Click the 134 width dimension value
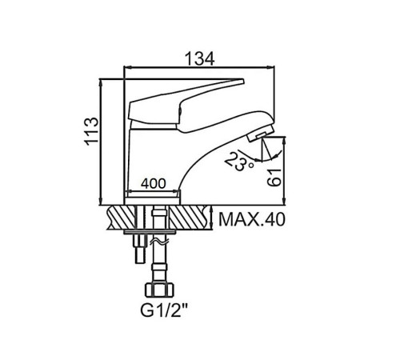pos(200,58)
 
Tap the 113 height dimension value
pos(91,131)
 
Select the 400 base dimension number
pos(154,183)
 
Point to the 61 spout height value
pos(274,178)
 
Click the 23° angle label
pos(238,161)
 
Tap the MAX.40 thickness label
pos(252,219)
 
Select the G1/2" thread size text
pos(164,310)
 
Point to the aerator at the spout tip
pos(260,134)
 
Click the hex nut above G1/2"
pos(159,290)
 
